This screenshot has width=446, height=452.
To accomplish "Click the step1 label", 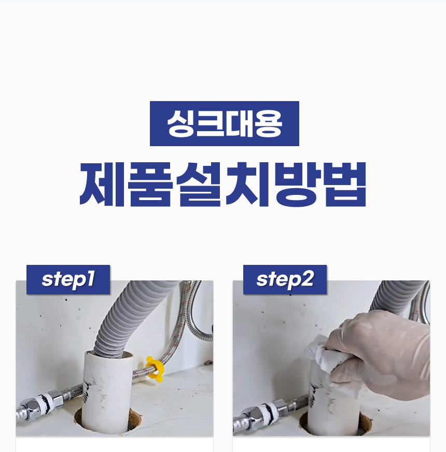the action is pos(68,279).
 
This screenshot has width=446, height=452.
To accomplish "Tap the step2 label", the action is pos(285,279).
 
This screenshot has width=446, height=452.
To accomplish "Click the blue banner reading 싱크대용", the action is pos(225,123).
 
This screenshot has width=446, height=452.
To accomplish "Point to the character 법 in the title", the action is pos(345,184).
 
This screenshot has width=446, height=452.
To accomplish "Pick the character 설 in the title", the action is pos(199,184).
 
